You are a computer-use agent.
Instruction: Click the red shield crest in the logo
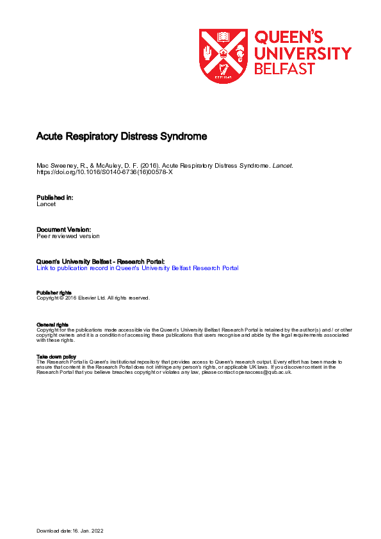click(223, 56)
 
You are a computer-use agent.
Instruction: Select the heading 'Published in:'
click(55, 198)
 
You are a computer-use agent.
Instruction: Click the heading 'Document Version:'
click(63, 229)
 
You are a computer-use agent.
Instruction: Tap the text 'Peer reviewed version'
click(69, 236)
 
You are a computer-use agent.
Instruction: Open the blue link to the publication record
click(138, 268)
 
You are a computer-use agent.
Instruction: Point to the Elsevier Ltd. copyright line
click(93, 298)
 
